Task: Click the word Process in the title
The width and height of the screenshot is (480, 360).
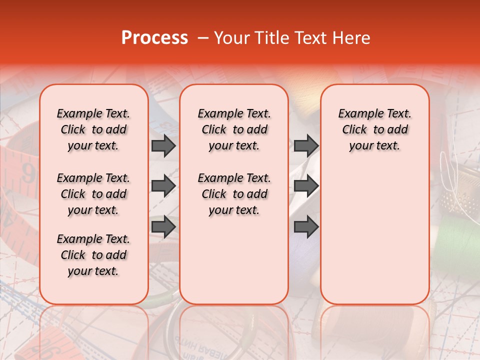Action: pyautogui.click(x=154, y=38)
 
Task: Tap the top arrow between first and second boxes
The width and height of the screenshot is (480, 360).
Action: pyautogui.click(x=163, y=146)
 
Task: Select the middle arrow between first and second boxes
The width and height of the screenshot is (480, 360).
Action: pyautogui.click(x=163, y=186)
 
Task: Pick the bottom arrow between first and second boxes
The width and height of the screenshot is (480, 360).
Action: pyautogui.click(x=163, y=227)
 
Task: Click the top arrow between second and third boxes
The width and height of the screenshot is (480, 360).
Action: pyautogui.click(x=306, y=146)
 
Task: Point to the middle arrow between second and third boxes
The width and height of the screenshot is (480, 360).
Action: pyautogui.click(x=306, y=186)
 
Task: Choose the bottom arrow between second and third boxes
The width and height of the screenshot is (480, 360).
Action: pyautogui.click(x=306, y=227)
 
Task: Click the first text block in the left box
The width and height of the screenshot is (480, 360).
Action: pyautogui.click(x=93, y=129)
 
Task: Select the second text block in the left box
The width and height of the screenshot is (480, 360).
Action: pyautogui.click(x=93, y=194)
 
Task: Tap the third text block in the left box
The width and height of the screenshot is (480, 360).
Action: pyautogui.click(x=93, y=255)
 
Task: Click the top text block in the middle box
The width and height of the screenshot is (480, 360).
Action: pyautogui.click(x=234, y=129)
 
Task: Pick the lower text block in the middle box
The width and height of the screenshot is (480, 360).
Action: pyautogui.click(x=234, y=194)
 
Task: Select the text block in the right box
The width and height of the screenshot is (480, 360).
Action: pyautogui.click(x=374, y=129)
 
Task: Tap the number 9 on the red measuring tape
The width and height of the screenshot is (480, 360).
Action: pyautogui.click(x=28, y=175)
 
